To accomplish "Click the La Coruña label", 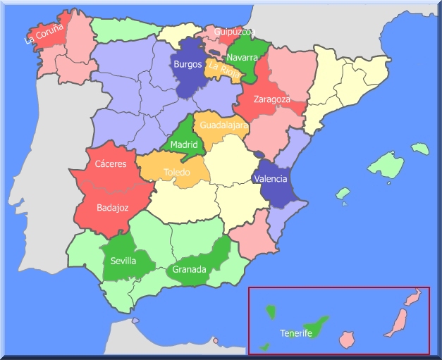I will point(44,33).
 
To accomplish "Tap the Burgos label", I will point(188,64).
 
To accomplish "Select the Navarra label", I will point(243,57).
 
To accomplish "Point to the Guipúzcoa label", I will point(235,32).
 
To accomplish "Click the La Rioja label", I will point(226,70).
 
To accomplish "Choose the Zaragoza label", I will point(272,99).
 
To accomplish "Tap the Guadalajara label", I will point(222,125).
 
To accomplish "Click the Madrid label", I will point(184,146).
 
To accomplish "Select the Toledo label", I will point(177,172).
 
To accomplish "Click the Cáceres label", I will point(111,164).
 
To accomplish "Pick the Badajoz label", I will point(113,208).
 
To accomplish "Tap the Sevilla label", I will point(123,261).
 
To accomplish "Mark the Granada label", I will point(190,269).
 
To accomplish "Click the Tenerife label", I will point(296,333).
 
